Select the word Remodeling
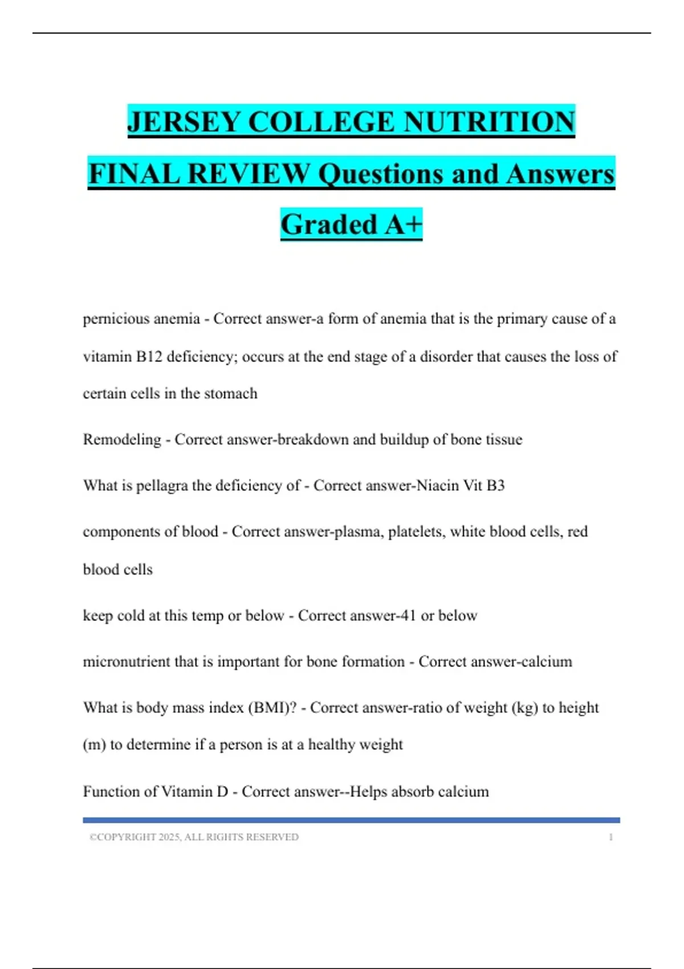point(122,439)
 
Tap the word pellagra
point(161,486)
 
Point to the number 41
point(407,616)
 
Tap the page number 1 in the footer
point(610,837)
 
